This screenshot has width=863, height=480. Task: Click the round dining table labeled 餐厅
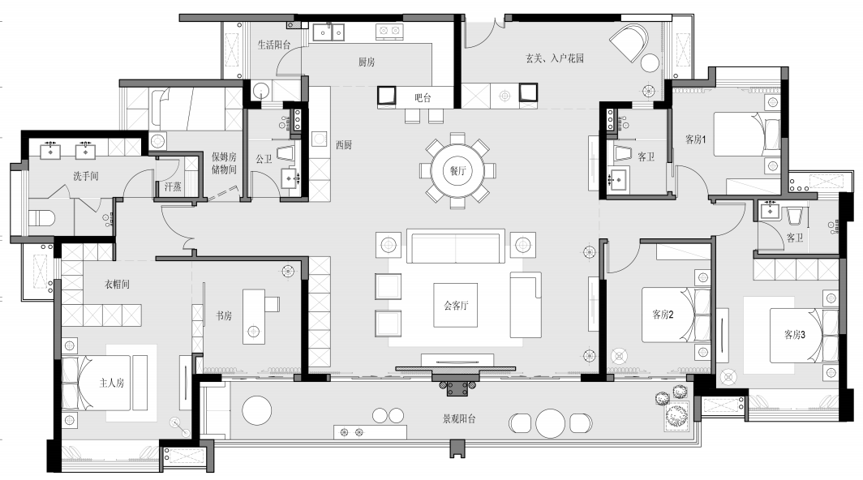tap(457, 170)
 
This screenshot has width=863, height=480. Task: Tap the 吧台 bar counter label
tap(423, 98)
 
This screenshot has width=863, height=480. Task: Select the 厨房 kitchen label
tap(367, 62)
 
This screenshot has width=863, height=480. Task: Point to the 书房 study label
tap(224, 315)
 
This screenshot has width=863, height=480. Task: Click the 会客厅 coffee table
tap(455, 305)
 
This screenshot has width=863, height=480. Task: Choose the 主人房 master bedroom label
tap(112, 383)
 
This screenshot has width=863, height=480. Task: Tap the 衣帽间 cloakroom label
tap(118, 284)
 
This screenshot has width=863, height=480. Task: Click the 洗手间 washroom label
tap(86, 176)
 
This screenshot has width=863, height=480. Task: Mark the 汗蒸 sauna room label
tap(173, 186)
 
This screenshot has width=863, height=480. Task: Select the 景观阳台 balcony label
tap(459, 418)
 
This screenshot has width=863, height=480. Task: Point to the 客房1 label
tap(695, 139)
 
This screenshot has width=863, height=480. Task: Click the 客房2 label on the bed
tap(663, 315)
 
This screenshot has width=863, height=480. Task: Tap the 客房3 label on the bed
tap(795, 334)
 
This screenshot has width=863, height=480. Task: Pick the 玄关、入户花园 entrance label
tap(554, 58)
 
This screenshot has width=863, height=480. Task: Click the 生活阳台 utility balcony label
tap(274, 45)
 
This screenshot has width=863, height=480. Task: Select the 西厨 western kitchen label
tap(344, 145)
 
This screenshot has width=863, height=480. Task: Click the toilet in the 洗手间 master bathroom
tap(41, 219)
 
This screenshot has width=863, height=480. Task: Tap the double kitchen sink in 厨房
tap(328, 32)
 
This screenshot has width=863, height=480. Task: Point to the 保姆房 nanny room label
tap(224, 156)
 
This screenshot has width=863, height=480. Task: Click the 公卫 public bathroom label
tap(264, 159)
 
